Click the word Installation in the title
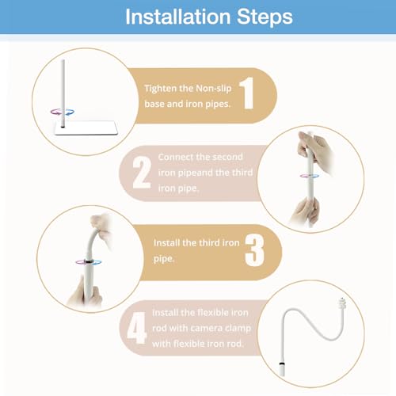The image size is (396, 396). tap(178, 17)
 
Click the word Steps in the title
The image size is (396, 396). tap(265, 17)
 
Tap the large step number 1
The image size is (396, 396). tap(247, 93)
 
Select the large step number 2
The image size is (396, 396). tap(142, 173)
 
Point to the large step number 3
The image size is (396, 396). tap(254, 250)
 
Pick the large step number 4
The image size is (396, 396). tap(136, 328)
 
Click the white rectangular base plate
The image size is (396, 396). tap(86, 128)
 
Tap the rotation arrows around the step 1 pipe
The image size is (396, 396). tap(63, 112)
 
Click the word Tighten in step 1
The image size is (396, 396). tap(160, 89)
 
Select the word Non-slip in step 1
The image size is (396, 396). tap(214, 89)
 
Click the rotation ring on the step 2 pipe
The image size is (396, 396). tap(310, 176)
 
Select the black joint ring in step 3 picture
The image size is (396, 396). tap(88, 261)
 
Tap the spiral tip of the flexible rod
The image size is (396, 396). tap(342, 304)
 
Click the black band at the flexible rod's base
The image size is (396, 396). tap(282, 364)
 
